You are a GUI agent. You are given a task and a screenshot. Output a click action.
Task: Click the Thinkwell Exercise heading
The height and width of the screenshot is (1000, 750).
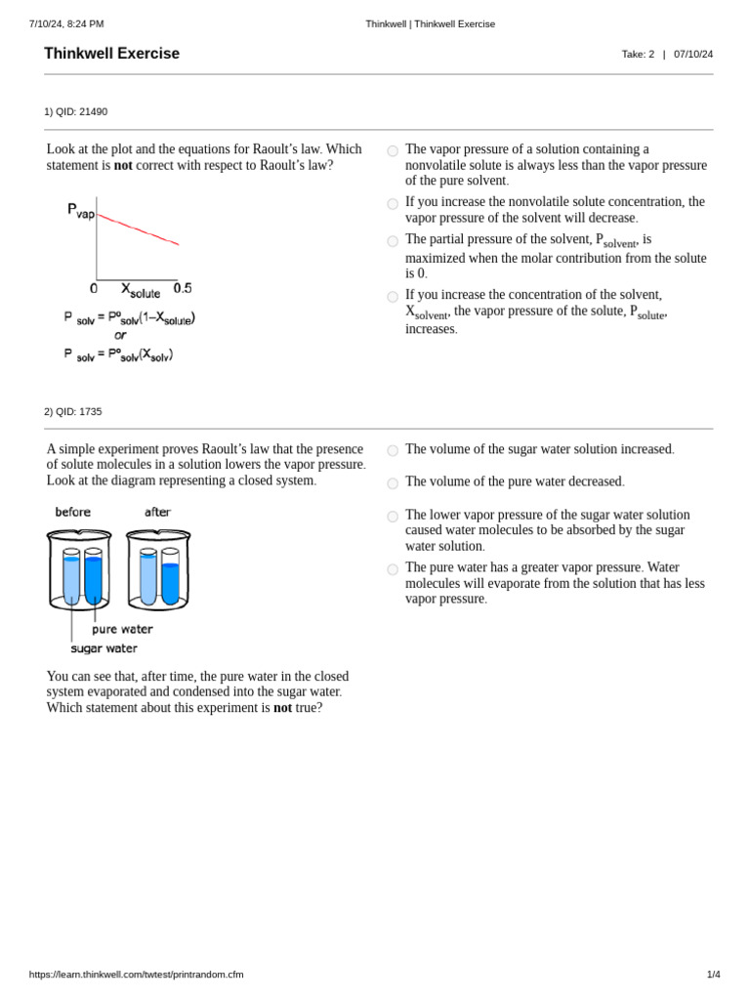(111, 54)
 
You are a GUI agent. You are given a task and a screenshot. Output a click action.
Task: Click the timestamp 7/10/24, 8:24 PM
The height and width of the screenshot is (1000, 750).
(66, 23)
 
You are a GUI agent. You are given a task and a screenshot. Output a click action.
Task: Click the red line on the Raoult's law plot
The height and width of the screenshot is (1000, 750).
(138, 229)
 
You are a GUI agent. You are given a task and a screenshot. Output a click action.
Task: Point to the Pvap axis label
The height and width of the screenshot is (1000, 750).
(81, 210)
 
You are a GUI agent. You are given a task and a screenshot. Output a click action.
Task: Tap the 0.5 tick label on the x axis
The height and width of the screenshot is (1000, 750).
(183, 288)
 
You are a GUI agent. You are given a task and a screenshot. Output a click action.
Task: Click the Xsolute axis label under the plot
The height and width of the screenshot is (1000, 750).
(141, 290)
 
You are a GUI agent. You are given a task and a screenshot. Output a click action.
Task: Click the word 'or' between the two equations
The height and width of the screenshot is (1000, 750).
(120, 335)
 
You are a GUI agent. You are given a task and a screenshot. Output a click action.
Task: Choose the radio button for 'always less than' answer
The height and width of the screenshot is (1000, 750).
(393, 151)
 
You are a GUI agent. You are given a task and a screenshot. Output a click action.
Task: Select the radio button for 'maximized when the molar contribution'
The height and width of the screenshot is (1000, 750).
(393, 241)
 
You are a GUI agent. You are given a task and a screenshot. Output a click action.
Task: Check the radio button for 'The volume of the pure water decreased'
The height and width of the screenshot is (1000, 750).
(393, 483)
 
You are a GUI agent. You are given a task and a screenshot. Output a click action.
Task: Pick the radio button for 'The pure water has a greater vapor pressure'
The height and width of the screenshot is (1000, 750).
(393, 569)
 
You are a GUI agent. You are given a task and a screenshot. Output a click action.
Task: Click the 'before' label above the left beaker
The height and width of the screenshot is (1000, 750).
(73, 512)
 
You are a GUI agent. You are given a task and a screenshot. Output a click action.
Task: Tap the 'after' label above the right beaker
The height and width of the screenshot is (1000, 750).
(157, 512)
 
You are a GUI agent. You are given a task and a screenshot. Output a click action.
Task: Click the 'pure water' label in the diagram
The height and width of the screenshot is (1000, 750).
(122, 629)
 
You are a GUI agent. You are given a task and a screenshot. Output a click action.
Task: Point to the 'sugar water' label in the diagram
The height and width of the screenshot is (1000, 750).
(104, 648)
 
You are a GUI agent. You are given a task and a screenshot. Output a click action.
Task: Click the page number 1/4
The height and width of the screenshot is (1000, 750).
(713, 974)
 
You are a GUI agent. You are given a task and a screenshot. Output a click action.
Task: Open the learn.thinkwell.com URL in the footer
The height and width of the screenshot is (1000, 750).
(136, 974)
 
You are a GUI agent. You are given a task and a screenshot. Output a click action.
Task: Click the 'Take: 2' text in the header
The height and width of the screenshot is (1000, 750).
(638, 55)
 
